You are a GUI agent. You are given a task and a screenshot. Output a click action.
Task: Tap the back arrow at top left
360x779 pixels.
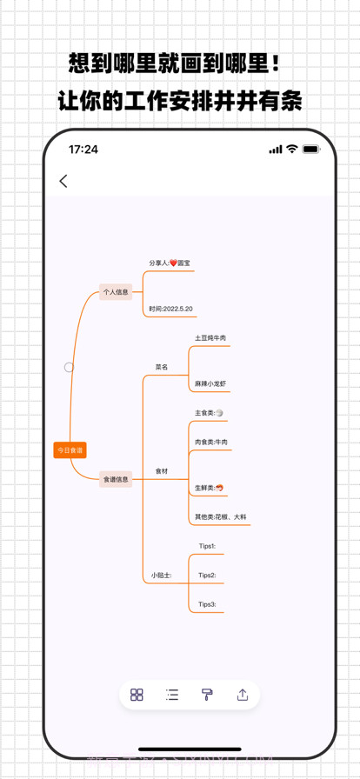pyautogui.click(x=63, y=181)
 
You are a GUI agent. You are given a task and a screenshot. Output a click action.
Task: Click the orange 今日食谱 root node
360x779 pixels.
pyautogui.click(x=70, y=450)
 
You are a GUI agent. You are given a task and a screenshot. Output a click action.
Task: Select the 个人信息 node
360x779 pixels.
pyautogui.click(x=116, y=292)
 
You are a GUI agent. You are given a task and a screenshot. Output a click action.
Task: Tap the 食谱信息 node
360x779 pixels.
pyautogui.click(x=116, y=479)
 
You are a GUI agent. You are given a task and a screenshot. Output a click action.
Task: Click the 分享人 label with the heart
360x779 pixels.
pyautogui.click(x=169, y=263)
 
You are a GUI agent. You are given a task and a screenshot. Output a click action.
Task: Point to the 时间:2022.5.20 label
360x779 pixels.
pyautogui.click(x=170, y=309)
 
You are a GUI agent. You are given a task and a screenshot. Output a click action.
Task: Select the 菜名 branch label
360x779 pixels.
pyautogui.click(x=162, y=367)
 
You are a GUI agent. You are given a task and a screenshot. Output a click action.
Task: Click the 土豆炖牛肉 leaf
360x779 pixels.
pyautogui.click(x=210, y=338)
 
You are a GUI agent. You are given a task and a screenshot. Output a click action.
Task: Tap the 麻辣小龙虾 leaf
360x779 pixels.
pyautogui.click(x=210, y=383)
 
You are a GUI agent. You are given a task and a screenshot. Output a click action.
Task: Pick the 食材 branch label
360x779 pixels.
pyautogui.click(x=162, y=471)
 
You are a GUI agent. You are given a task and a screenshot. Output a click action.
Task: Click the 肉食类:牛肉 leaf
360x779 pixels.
pyautogui.click(x=211, y=443)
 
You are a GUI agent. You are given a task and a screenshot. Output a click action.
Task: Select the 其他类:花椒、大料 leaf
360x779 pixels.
pyautogui.click(x=221, y=517)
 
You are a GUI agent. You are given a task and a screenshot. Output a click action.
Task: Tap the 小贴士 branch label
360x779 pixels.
pyautogui.click(x=161, y=576)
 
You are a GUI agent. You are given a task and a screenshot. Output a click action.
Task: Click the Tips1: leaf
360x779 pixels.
pyautogui.click(x=207, y=547)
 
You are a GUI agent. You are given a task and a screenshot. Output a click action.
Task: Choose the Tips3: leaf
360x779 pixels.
pyautogui.click(x=207, y=604)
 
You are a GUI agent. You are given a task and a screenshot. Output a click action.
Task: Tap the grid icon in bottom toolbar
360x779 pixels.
pyautogui.click(x=137, y=695)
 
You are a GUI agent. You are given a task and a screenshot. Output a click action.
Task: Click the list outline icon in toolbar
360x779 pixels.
pyautogui.click(x=172, y=695)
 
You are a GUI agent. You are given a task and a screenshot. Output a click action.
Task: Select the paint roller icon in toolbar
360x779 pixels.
pyautogui.click(x=207, y=695)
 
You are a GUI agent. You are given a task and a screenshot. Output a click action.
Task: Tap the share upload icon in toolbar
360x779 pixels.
pyautogui.click(x=243, y=695)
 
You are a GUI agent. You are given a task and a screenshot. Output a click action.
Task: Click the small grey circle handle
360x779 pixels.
pyautogui.click(x=69, y=368)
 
